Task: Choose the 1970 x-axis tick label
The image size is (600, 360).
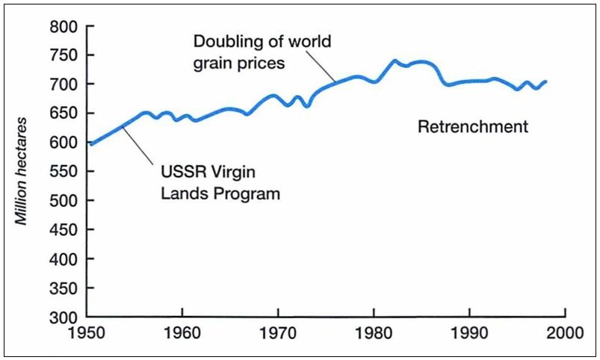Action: coord(278,332)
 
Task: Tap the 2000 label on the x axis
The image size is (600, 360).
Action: coord(566,332)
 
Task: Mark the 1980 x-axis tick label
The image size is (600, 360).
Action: coord(374,332)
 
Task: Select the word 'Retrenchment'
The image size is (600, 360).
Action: coord(472,127)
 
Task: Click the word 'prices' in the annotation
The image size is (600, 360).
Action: coord(263,63)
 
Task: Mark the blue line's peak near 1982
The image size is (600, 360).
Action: coord(395,61)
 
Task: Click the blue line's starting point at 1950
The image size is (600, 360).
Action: coord(90,143)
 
